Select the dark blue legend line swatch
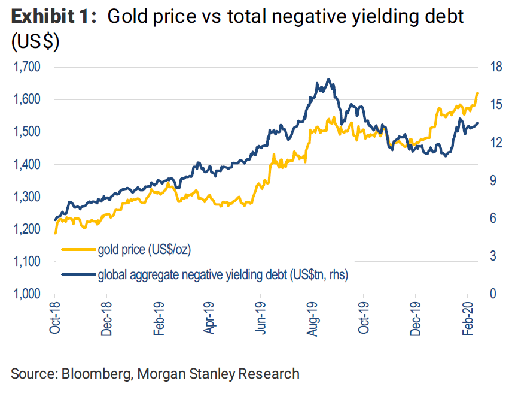click(78, 275)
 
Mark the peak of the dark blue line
click(328, 79)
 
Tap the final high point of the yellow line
click(478, 93)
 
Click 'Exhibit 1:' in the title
click(54, 18)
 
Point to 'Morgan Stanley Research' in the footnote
click(218, 374)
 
